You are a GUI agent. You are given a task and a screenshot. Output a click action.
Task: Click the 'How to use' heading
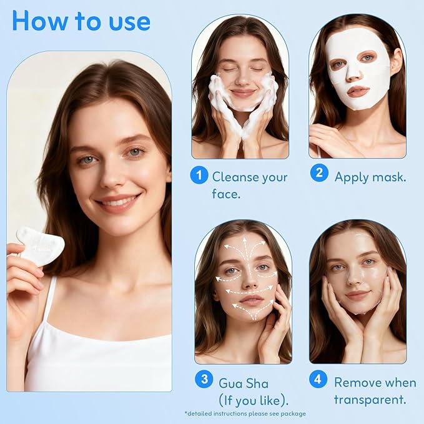point(81,20)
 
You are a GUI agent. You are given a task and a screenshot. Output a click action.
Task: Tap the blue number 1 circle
point(199,175)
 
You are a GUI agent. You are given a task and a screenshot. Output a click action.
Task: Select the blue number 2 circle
point(319,173)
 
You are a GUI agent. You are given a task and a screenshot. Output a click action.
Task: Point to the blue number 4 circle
point(319,380)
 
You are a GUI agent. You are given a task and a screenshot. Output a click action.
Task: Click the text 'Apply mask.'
point(370,177)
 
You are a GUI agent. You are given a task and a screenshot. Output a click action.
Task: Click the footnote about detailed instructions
point(245,413)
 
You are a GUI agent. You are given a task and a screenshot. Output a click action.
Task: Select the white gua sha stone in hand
point(40,245)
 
